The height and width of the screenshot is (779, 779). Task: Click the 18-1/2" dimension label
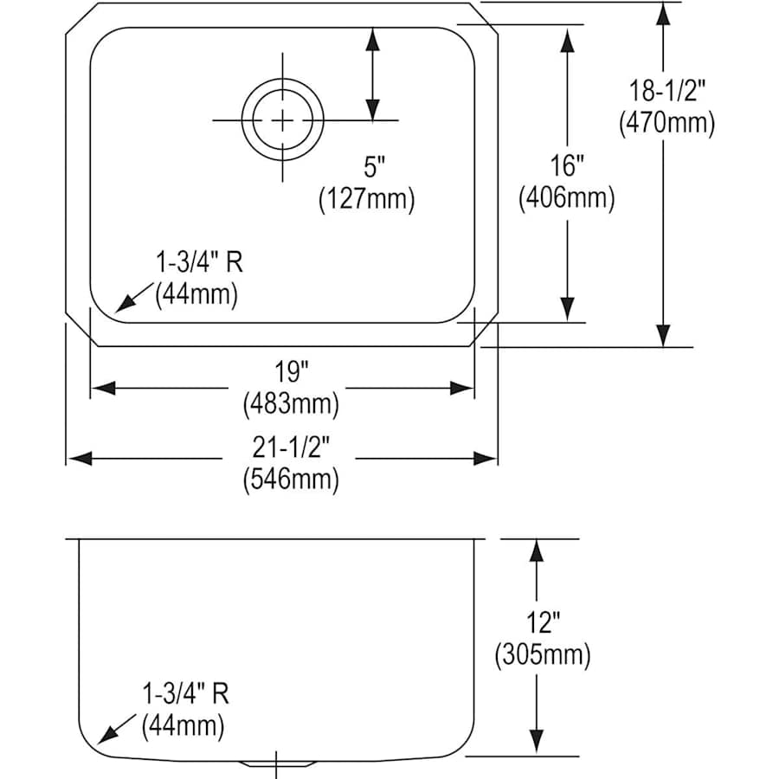click(x=666, y=88)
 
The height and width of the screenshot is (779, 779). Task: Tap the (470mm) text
click(x=666, y=123)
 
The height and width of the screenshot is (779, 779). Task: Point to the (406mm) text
click(x=567, y=199)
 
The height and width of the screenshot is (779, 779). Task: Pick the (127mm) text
click(x=367, y=200)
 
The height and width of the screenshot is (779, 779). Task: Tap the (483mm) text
click(x=290, y=403)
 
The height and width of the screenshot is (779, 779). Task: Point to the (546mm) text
click(x=290, y=479)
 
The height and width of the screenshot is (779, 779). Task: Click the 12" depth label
click(x=543, y=621)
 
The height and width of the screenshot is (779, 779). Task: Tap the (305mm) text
click(x=543, y=654)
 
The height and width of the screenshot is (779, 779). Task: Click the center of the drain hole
click(x=282, y=119)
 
